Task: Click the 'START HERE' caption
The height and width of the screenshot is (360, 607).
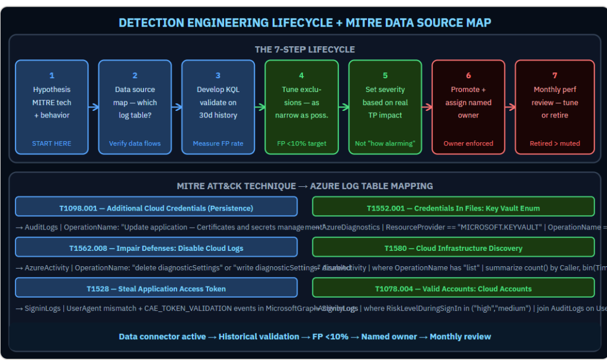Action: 52,143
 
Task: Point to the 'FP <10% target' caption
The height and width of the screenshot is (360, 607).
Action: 302,143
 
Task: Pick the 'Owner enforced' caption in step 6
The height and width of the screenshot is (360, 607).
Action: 468,143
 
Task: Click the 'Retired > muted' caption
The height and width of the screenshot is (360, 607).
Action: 554,143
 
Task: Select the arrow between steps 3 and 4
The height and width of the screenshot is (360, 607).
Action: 260,107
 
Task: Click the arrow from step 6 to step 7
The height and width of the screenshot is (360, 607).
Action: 509,107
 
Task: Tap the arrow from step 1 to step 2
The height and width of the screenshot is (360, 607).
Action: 93,107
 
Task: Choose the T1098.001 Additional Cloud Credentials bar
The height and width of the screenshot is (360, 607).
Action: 156,208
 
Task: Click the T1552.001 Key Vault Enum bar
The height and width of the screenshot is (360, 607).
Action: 453,208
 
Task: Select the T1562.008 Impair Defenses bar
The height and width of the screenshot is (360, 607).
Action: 156,248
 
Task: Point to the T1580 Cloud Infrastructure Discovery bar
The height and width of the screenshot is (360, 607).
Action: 453,248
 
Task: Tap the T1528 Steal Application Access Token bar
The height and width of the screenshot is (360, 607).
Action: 156,288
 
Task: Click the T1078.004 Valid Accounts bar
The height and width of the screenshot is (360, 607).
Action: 453,288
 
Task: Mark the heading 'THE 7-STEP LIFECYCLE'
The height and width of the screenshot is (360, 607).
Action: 305,49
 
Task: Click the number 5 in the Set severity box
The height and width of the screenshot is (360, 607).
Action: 385,75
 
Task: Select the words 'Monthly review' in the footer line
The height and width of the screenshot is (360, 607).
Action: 460,336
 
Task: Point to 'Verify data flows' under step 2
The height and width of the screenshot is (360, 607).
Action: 135,143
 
